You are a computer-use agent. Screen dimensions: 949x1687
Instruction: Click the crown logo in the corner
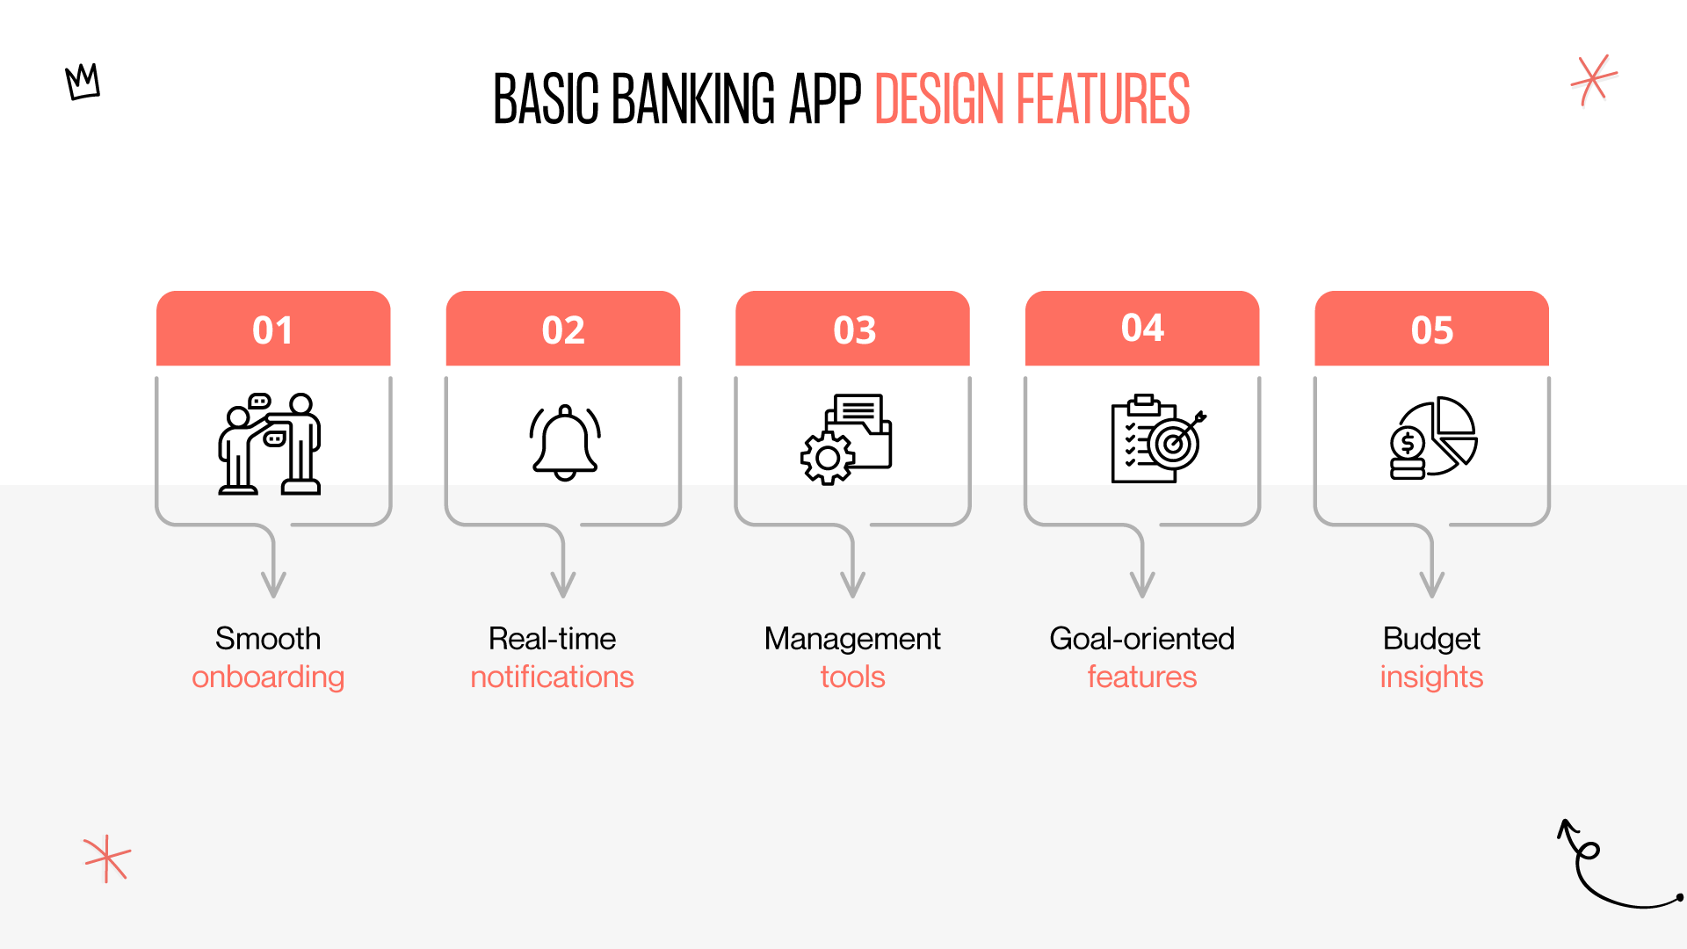(83, 82)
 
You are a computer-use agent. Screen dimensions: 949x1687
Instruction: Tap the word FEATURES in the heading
(1103, 99)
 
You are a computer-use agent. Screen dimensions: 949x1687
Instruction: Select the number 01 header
(272, 330)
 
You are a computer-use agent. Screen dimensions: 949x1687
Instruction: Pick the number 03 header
(853, 330)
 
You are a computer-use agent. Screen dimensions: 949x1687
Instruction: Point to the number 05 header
(1431, 330)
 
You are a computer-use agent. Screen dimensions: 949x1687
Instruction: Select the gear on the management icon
(827, 458)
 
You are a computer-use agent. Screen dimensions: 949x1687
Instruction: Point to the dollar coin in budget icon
(1408, 444)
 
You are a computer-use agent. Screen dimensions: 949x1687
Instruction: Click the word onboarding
(268, 677)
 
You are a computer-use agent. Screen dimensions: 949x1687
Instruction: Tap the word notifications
(552, 677)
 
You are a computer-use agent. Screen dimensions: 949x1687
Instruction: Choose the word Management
(852, 638)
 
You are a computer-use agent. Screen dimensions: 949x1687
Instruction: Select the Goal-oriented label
(1141, 638)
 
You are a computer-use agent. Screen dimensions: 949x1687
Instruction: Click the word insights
(1431, 677)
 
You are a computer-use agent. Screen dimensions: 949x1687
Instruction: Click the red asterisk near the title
(1594, 80)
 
